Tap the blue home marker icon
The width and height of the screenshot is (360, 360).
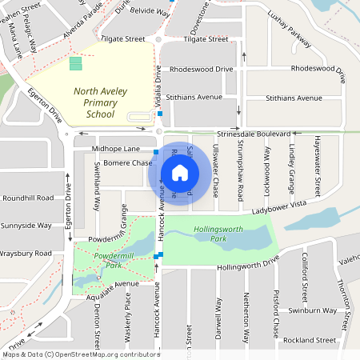[180, 172]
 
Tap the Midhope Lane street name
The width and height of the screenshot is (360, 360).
[115, 149]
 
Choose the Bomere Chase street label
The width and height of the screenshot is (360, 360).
[128, 163]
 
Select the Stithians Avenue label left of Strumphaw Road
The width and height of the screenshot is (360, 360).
[193, 98]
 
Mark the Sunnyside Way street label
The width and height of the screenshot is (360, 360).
[26, 226]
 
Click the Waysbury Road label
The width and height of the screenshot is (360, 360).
[26, 253]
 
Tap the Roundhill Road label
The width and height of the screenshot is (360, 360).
[27, 198]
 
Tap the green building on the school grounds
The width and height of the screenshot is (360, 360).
[75, 62]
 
